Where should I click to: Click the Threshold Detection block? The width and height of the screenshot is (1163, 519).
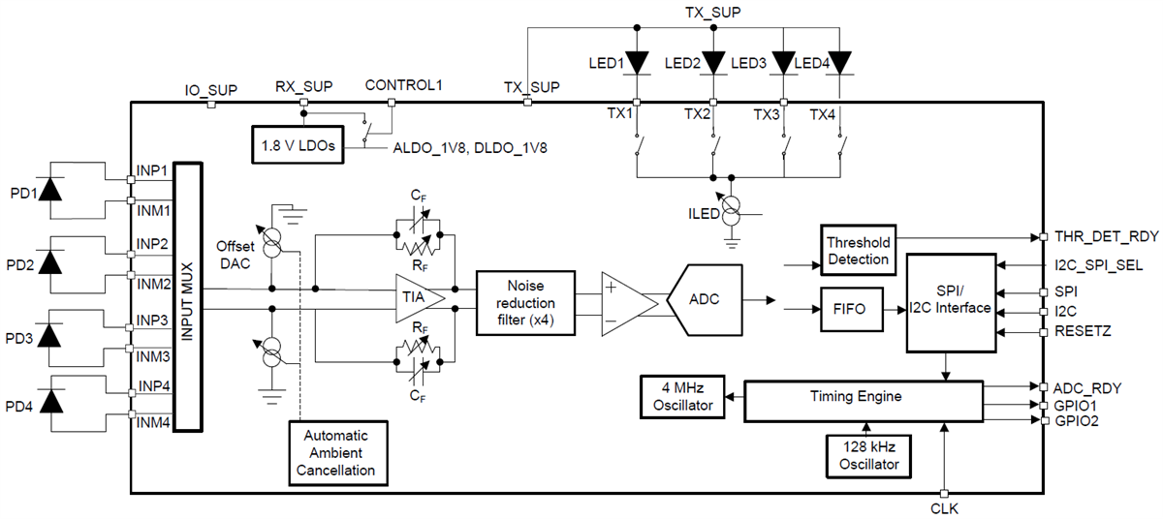[x=857, y=251]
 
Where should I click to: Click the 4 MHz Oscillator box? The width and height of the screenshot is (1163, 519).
[x=681, y=396]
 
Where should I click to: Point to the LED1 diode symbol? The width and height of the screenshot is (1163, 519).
[x=637, y=63]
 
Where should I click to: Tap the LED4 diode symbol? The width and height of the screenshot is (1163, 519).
[x=840, y=63]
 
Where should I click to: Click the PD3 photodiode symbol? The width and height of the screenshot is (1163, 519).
[x=51, y=339]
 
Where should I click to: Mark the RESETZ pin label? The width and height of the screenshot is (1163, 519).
[x=1083, y=332]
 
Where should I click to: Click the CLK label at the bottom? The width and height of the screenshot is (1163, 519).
[x=944, y=508]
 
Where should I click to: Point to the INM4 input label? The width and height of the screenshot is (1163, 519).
[x=153, y=422]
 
